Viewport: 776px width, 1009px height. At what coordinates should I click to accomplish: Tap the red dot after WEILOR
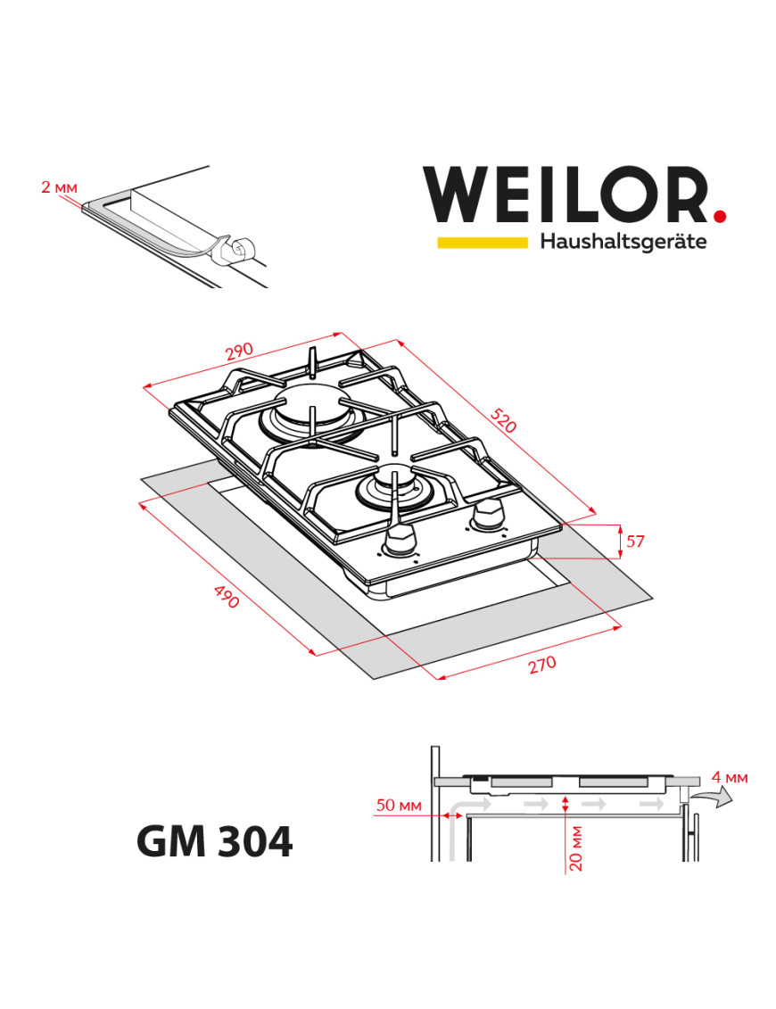coord(719,215)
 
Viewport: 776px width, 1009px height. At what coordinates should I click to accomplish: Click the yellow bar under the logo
coord(482,242)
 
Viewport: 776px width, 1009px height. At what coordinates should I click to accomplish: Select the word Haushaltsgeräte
coord(623,242)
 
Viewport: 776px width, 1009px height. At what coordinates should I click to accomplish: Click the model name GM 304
coord(214,840)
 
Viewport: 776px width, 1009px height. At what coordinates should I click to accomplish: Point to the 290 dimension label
coord(238,353)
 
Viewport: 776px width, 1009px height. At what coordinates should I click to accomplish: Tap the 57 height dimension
coord(634,542)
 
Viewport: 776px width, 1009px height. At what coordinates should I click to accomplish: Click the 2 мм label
coord(59,187)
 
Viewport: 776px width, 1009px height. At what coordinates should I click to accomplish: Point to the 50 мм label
coord(398,806)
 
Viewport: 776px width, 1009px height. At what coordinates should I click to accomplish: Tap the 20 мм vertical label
coord(575,848)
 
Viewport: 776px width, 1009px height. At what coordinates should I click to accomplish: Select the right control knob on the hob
coord(487,514)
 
